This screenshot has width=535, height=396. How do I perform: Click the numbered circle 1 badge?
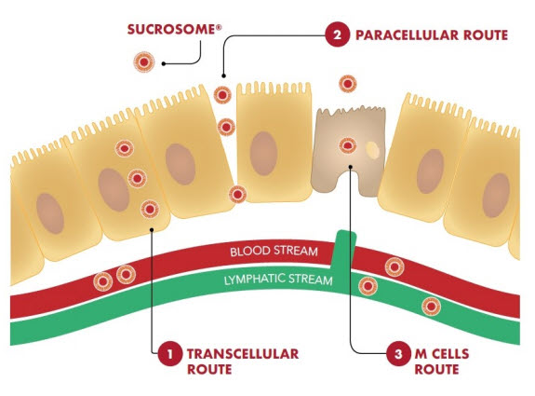click(169, 354)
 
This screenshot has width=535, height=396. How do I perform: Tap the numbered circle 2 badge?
click(337, 34)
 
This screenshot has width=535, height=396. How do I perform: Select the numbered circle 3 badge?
click(398, 354)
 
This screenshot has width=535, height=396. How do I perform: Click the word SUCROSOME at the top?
click(171, 30)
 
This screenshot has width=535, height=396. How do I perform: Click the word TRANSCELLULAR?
click(243, 354)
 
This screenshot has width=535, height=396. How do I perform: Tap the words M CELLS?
click(442, 354)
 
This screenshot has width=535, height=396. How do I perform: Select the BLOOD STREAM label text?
click(274, 252)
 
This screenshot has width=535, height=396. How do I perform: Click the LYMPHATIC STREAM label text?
click(278, 280)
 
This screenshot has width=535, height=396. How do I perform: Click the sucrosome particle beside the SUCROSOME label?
click(144, 62)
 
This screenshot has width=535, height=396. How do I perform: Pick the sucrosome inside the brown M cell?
click(348, 146)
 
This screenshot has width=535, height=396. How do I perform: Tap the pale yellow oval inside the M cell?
click(372, 150)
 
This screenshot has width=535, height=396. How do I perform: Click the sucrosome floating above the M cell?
click(348, 84)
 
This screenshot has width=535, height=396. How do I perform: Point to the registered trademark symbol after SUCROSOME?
click(219, 27)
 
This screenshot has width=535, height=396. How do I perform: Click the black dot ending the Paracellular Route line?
click(223, 75)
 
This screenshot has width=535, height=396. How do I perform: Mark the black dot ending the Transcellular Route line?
click(152, 229)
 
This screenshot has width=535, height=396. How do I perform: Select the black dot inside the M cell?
click(351, 167)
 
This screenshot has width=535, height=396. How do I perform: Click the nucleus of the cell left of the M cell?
click(263, 154)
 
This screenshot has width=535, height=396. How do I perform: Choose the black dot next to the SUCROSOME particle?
click(164, 63)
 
